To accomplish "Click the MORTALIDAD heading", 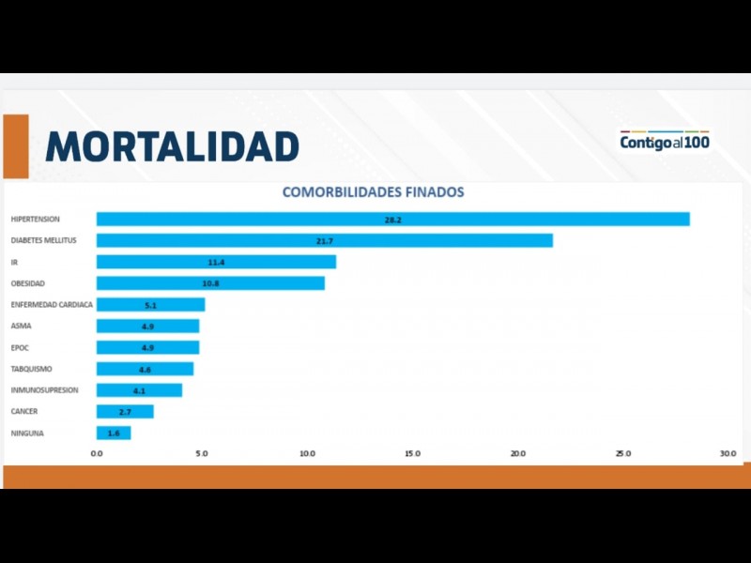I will coord(172,146).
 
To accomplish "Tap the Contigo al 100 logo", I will coord(665,143).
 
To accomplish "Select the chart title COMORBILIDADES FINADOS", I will coord(374,192).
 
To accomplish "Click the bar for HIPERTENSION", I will coord(392,220).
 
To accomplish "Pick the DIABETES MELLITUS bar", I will coord(324,241).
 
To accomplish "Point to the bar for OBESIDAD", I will coord(210,283).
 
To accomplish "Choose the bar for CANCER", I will coord(124,412).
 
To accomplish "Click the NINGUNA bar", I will coord(113,434).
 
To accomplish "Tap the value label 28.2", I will coord(392,220).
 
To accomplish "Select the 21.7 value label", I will coord(325,241).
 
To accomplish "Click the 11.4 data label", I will coord(216,263).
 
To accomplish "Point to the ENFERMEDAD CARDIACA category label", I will coord(52,305).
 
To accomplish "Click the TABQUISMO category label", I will coord(32,369).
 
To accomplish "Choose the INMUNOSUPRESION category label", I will coord(44,390).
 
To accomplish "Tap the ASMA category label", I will coord(21,327).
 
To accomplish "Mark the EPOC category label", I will coord(21,348).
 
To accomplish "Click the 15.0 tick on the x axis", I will coord(412,454).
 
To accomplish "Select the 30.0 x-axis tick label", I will coord(728,454).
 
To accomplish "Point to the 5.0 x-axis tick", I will coord(202,454).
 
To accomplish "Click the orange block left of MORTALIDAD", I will coord(16,146).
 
